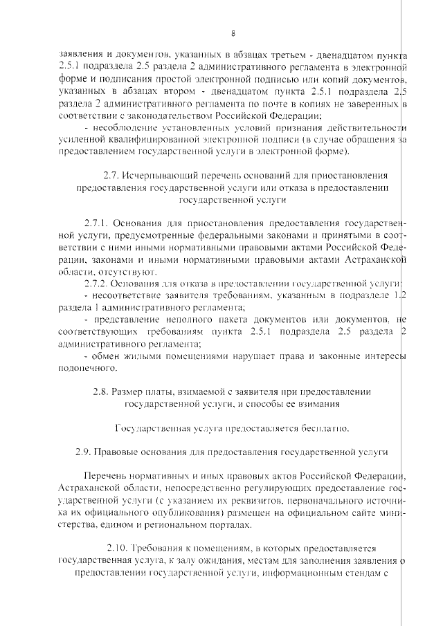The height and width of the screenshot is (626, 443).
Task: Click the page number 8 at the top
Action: tap(233, 33)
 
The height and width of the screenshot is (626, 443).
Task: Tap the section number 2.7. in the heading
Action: tap(111, 176)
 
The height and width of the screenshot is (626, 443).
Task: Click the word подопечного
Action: tap(84, 367)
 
